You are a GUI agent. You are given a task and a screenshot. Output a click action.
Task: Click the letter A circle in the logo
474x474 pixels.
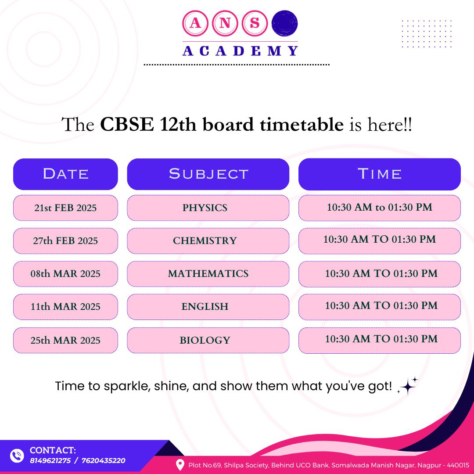coord(195,23)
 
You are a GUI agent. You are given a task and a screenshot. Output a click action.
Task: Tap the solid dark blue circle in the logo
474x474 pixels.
coord(284,23)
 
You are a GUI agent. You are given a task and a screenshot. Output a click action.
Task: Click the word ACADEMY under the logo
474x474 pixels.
coord(241,51)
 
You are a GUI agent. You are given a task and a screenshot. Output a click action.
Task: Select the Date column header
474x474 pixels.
coord(65,174)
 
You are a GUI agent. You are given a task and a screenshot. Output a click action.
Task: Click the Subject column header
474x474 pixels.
coord(208,174)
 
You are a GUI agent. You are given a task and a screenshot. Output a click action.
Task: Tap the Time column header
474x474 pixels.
coord(379,174)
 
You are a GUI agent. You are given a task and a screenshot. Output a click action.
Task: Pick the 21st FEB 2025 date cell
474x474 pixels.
coord(65,208)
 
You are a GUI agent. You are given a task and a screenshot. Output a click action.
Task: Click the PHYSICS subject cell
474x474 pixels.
coord(208,208)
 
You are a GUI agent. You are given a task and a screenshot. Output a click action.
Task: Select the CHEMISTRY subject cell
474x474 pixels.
coord(208,241)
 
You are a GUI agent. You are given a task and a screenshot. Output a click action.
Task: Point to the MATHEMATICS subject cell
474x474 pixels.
coord(208,274)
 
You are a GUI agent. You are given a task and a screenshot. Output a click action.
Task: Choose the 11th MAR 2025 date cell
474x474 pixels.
coord(65,307)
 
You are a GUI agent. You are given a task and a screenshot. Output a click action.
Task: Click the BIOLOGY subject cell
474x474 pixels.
coord(208,341)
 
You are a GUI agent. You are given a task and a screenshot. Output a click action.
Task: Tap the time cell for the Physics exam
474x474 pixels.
coord(379,208)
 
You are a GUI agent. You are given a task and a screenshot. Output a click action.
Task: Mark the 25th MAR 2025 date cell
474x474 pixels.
coord(65,341)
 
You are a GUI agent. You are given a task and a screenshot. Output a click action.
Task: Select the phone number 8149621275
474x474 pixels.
coord(50,461)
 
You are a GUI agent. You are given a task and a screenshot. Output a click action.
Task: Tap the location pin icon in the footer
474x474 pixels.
coord(180,465)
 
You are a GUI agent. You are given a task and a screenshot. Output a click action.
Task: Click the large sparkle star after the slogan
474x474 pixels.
coord(407,387)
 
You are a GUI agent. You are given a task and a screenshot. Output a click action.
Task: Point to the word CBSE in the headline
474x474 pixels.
coord(127,124)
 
